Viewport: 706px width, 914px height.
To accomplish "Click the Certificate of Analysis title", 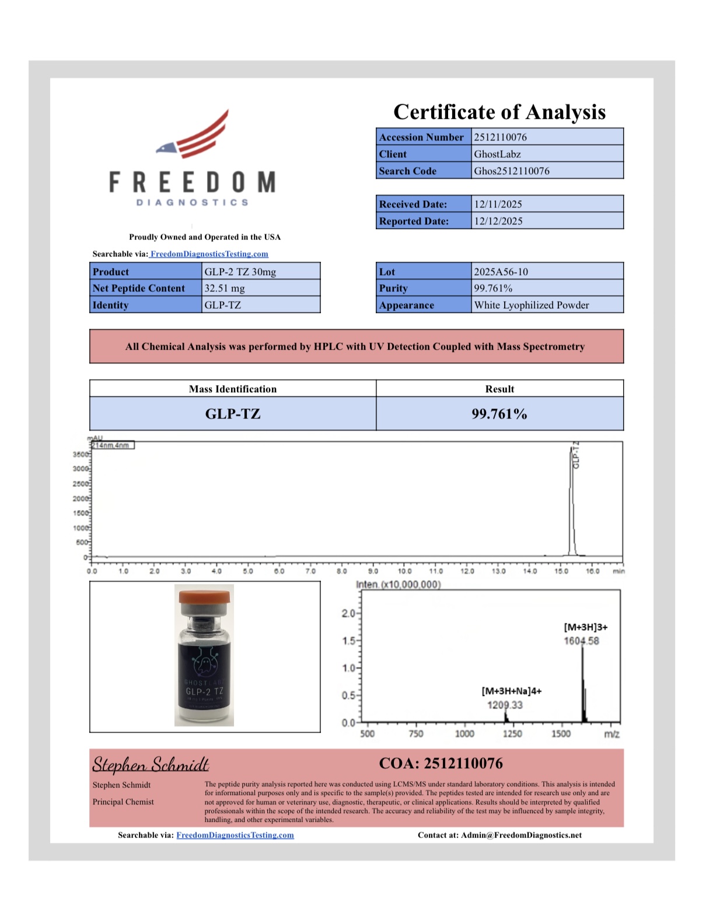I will pos(499,112).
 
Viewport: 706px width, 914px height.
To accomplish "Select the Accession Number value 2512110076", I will pos(500,137).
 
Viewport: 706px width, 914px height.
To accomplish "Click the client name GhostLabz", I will pos(497,154).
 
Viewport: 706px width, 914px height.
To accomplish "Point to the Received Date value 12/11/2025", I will pos(498,204).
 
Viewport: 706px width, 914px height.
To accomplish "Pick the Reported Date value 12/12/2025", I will pos(498,221).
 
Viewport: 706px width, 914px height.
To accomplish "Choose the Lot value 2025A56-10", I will pos(501,272).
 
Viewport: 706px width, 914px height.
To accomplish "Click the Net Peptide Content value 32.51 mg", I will pos(225,288).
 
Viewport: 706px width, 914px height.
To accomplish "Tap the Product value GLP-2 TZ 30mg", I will pos(240,272).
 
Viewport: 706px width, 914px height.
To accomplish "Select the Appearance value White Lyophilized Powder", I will pos(531,305).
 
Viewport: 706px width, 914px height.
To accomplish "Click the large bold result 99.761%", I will pos(499,414).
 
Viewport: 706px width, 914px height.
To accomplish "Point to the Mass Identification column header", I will pos(232,389).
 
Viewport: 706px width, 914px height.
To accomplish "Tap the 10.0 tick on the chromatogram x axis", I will pos(404,571).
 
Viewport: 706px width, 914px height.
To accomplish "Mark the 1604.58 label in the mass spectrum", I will pos(581,641).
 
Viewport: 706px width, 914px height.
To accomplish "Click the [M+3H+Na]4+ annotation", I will pos(511,691).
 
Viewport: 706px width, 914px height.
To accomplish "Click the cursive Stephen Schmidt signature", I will pos(151,764).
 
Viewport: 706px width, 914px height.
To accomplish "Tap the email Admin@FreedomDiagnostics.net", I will pos(521,835).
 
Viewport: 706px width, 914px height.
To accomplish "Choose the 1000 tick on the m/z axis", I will pos(464,733).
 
